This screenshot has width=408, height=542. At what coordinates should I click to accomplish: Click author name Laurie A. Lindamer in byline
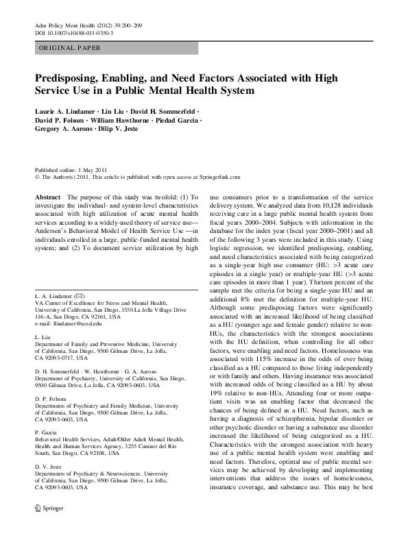click(64, 110)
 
